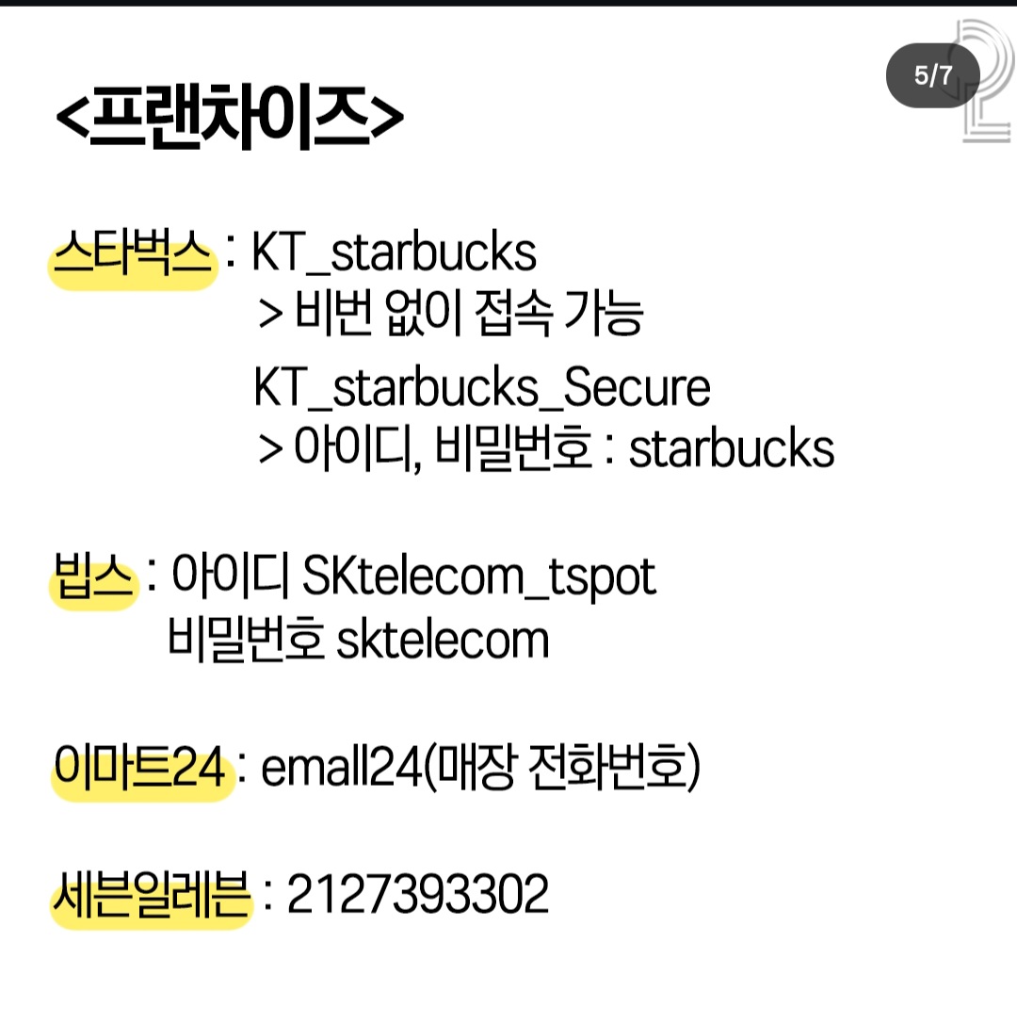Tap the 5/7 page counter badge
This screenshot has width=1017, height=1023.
point(933,75)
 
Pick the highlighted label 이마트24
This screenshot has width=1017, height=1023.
point(140,767)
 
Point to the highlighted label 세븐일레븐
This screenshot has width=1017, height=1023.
point(152,894)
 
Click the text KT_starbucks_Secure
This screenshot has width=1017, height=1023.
point(482,387)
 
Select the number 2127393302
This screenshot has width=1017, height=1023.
point(417,894)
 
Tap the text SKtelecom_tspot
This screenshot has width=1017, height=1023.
point(478,577)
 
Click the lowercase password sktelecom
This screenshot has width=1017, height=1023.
point(443,640)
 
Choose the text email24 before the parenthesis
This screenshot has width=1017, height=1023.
point(342,767)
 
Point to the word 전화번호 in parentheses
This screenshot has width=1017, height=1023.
point(608,767)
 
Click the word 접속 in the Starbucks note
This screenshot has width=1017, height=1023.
point(514,313)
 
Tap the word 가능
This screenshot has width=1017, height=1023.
point(604,313)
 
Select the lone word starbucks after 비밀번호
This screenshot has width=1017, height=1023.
point(732,448)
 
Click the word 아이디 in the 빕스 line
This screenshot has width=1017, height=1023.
point(231,576)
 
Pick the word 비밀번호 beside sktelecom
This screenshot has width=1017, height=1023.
point(246,639)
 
